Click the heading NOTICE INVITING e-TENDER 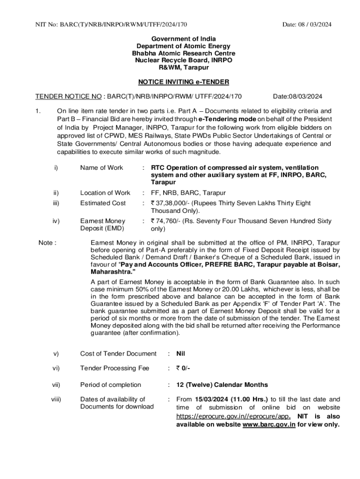[184, 82]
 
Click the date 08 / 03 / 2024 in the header [307, 24]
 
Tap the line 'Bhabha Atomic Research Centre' [184, 53]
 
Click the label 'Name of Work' [101, 167]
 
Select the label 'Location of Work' [105, 193]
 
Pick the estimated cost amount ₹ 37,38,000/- [170, 203]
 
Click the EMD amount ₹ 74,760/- [167, 221]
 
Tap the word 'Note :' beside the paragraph [47, 243]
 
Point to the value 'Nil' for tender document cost [180, 354]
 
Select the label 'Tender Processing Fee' [115, 368]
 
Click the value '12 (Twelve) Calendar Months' [222, 385]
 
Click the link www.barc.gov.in [269, 425]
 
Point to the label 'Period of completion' [110, 385]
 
